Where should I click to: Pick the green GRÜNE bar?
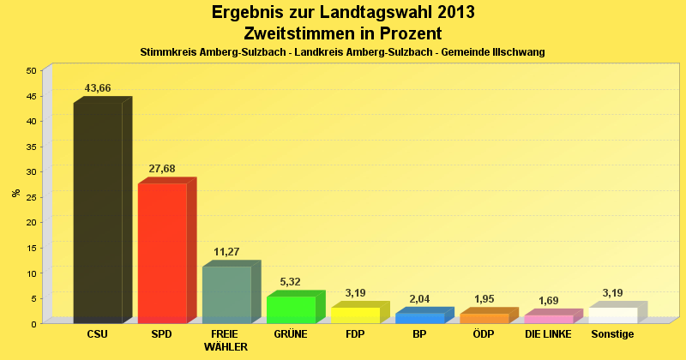(291, 309)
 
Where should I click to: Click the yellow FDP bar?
(355, 315)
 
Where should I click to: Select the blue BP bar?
(419, 318)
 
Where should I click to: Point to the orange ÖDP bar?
(484, 318)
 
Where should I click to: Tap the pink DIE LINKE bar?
(548, 319)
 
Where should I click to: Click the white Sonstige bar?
(612, 315)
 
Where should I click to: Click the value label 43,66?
(98, 88)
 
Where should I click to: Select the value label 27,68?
(162, 169)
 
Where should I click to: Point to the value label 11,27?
(226, 252)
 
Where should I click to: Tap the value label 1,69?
(548, 301)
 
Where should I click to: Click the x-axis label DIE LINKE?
(548, 334)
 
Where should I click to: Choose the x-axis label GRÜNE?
(291, 334)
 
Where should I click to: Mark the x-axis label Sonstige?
(612, 334)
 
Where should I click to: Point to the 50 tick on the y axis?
(31, 70)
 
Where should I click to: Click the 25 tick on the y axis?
(31, 197)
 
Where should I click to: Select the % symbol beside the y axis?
(16, 193)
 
